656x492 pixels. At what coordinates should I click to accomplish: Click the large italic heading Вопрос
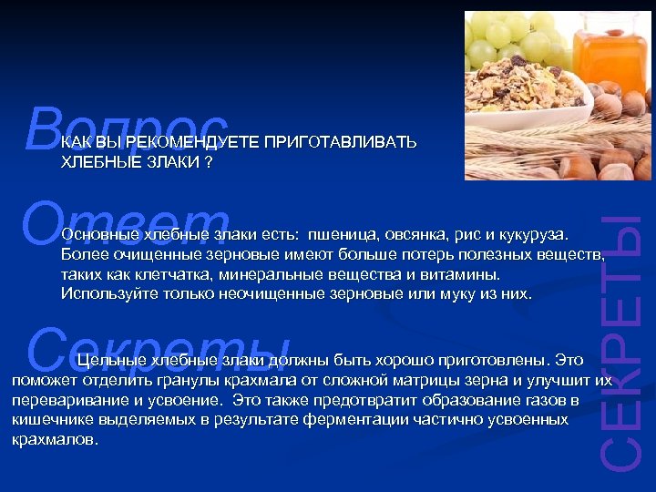pyautogui.click(x=128, y=128)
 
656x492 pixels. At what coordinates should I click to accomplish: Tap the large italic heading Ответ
pyautogui.click(x=128, y=223)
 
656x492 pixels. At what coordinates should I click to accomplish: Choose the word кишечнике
pyautogui.click(x=46, y=419)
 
